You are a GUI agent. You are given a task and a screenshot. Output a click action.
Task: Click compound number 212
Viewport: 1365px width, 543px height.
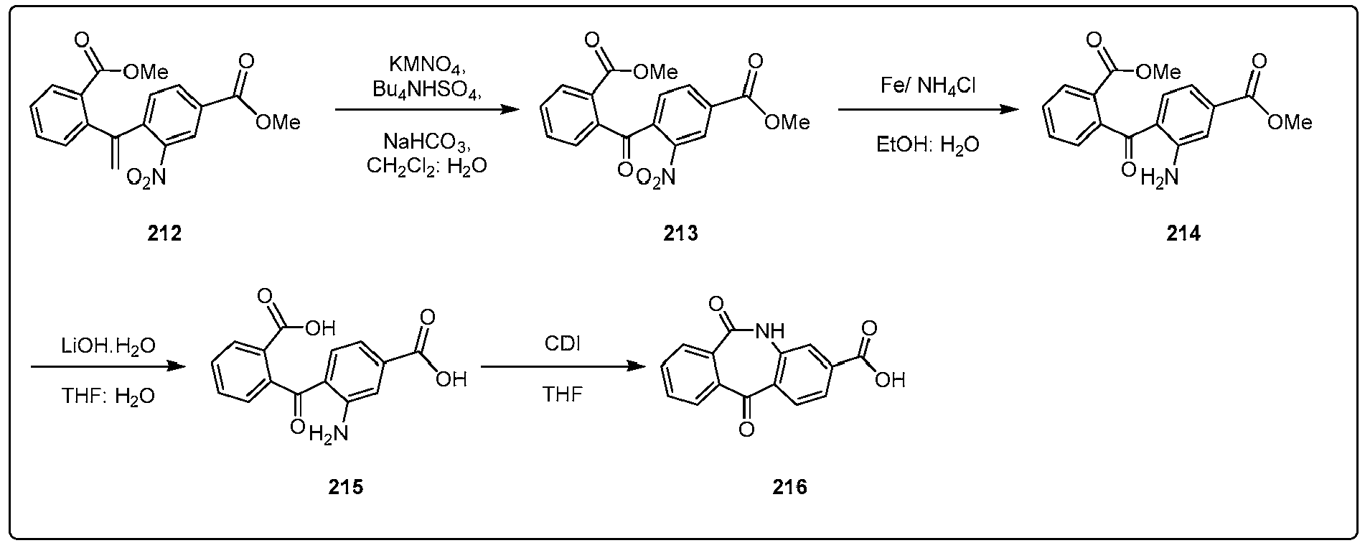coord(164,233)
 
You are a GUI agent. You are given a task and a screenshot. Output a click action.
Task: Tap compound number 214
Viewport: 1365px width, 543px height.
coord(1183,233)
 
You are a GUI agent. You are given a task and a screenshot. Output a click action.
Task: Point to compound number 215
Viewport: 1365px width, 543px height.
coord(345,487)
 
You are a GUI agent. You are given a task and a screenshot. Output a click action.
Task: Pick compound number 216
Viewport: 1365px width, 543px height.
coord(789,487)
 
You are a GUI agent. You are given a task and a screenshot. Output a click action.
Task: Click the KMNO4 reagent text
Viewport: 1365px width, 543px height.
coord(428,66)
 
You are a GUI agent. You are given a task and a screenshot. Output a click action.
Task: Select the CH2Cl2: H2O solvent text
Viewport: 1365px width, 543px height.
coord(426,166)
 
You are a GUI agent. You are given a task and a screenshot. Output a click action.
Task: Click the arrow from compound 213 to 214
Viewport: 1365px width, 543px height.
coord(927,109)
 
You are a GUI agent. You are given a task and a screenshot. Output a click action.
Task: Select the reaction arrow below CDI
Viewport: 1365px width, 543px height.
coord(563,366)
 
